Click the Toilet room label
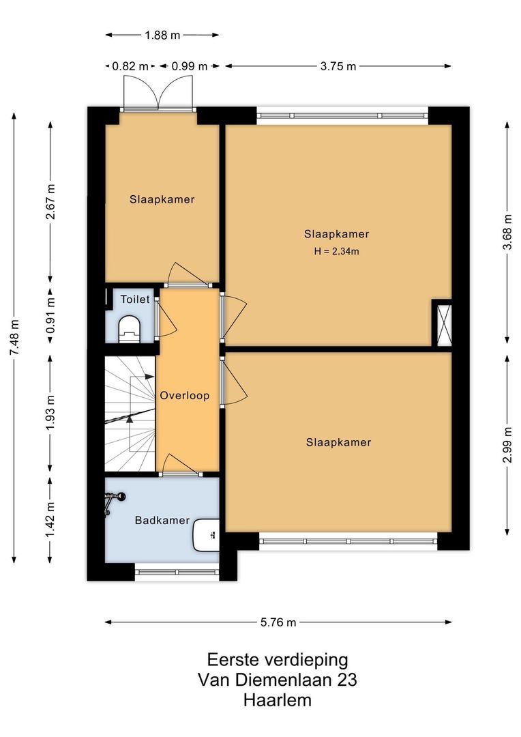point(135,299)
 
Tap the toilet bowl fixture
point(129,328)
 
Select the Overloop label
point(184,395)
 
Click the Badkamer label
point(162,520)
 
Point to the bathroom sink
point(207,535)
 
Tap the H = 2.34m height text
point(336,251)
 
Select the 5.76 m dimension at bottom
point(278,622)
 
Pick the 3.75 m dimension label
point(338,66)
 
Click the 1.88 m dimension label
point(162,34)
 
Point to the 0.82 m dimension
point(130,66)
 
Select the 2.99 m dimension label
point(507,445)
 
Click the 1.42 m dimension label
point(50,519)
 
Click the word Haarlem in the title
point(278,699)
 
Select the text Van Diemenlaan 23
point(277,680)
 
